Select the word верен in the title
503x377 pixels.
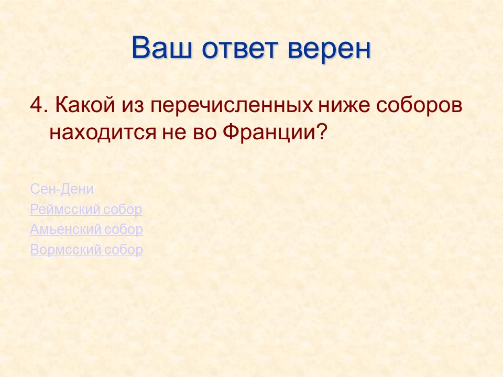[x=330, y=48]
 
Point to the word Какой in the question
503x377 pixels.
[x=80, y=105]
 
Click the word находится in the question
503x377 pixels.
[x=100, y=131]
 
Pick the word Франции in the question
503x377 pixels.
[x=268, y=131]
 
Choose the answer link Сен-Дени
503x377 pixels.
[x=62, y=189]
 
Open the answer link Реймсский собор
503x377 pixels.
[x=86, y=210]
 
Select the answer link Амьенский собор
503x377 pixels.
[x=86, y=230]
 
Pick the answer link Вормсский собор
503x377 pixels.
[x=86, y=250]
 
